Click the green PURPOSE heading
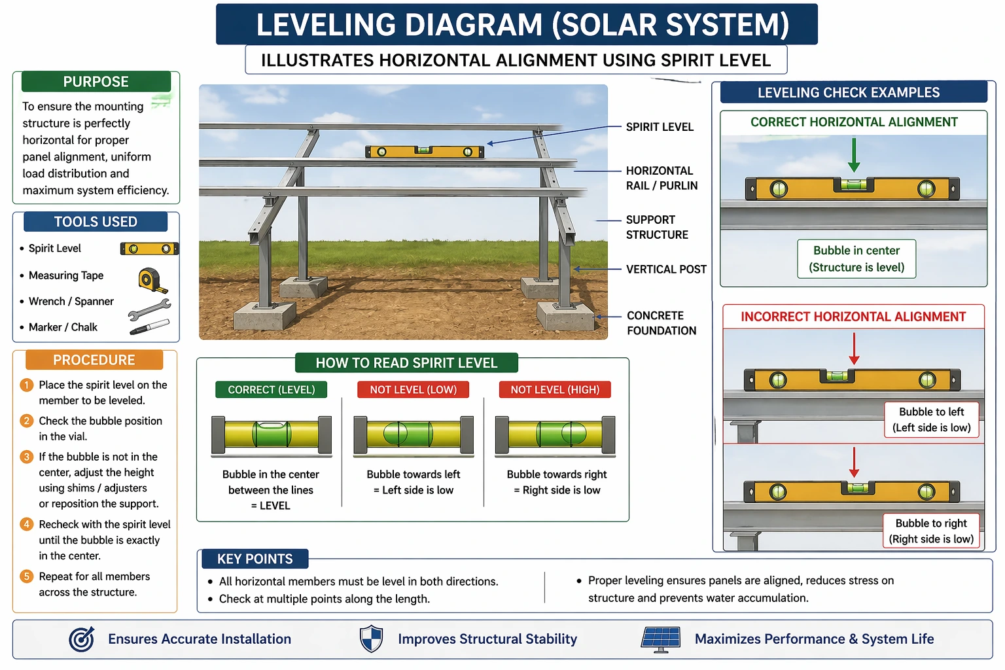(96, 82)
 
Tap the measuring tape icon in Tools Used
(152, 279)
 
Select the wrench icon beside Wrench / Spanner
(149, 309)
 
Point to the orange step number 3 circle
(27, 457)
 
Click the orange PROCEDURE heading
(94, 360)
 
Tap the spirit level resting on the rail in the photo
(424, 152)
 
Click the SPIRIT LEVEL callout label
(659, 127)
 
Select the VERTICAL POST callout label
(665, 269)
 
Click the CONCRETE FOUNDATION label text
(661, 323)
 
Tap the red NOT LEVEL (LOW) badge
(413, 389)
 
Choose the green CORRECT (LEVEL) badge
(271, 389)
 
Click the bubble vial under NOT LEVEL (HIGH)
(555, 434)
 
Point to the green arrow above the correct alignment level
(854, 154)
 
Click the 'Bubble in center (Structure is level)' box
(856, 258)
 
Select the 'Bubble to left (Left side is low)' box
(931, 419)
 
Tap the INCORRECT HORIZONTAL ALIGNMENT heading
(853, 317)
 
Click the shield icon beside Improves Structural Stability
(371, 639)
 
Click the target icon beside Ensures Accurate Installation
(82, 639)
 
